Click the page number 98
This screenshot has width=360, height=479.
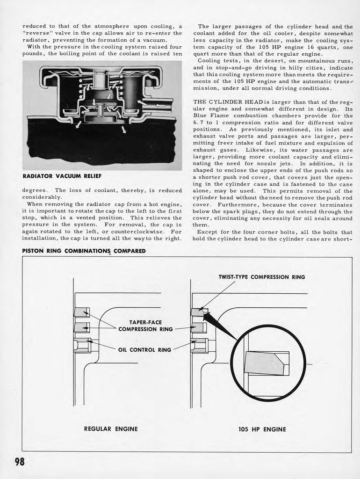pyautogui.click(x=19, y=462)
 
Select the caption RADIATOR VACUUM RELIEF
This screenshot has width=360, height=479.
pyautogui.click(x=62, y=176)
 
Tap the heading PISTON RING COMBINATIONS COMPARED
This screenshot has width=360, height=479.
pyautogui.click(x=84, y=251)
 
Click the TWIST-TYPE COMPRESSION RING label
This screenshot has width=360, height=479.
pyautogui.click(x=261, y=277)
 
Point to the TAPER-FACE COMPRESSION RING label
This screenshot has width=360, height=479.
pyautogui.click(x=145, y=326)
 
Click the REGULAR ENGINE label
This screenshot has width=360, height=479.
pyautogui.click(x=111, y=428)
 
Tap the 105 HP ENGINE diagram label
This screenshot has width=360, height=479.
pyautogui.click(x=262, y=429)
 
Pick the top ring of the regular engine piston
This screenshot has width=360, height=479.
pyautogui.click(x=82, y=312)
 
